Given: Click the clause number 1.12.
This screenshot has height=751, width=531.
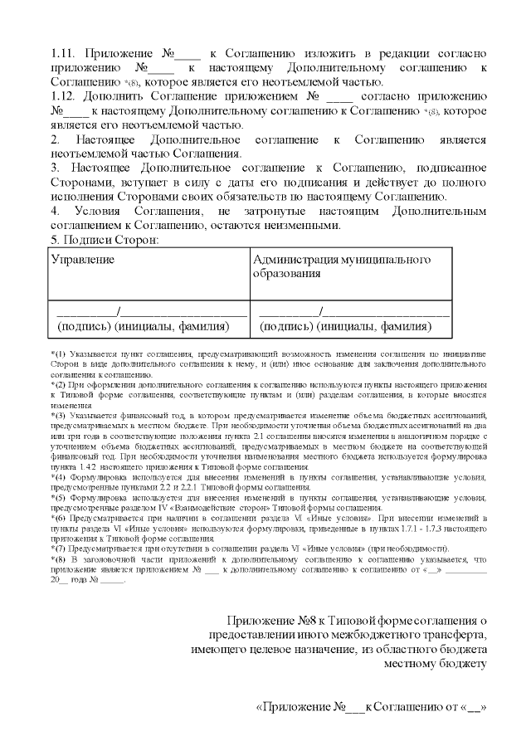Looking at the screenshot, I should point(64,96).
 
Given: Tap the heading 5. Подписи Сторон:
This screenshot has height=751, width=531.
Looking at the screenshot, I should point(104,240).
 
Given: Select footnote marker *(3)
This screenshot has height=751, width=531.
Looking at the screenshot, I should point(60,415).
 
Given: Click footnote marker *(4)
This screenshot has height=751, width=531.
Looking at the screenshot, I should point(60,477).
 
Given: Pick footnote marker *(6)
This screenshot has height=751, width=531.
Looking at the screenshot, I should point(60,517).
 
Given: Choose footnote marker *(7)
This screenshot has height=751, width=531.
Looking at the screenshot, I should point(60,548).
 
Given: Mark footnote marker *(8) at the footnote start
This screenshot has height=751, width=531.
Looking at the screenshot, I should point(60,559).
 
